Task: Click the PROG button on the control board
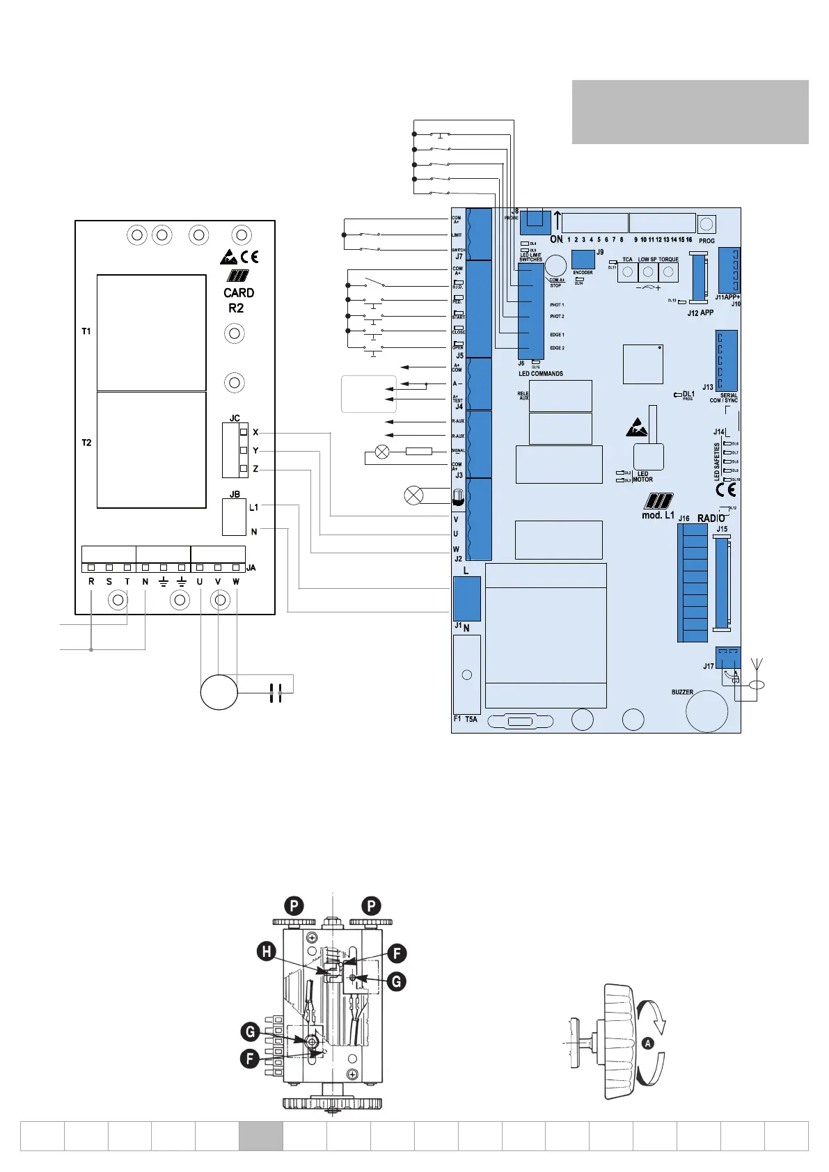coord(706,224)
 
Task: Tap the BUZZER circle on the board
coord(706,711)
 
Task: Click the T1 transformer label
coord(86,331)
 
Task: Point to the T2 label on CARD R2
coord(86,443)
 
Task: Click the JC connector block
coord(235,450)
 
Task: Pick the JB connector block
coord(234,518)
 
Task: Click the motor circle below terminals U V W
coord(219,692)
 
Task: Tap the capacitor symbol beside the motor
coord(276,692)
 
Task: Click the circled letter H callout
coord(267,951)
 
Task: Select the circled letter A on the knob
coord(648,1043)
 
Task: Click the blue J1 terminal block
coord(467,599)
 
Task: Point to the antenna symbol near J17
coord(757,665)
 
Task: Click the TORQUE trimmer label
coord(668,260)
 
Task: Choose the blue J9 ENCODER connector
coord(583,259)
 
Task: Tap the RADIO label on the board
coord(711,518)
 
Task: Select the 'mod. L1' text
coord(658,516)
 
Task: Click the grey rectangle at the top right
coord(690,112)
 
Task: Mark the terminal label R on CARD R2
coord(91,582)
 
